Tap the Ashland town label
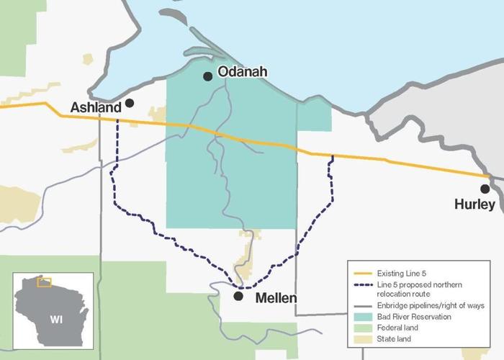click(x=94, y=107)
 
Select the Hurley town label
click(x=474, y=204)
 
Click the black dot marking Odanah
click(x=208, y=76)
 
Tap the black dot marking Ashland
click(x=130, y=103)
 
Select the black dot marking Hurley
click(x=485, y=189)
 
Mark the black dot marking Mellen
click(x=239, y=296)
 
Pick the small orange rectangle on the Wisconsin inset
click(x=45, y=282)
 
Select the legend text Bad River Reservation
click(x=414, y=316)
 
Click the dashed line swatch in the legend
click(x=360, y=286)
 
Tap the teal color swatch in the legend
click(x=360, y=316)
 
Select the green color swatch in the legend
click(x=360, y=326)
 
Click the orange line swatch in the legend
click(x=360, y=274)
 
